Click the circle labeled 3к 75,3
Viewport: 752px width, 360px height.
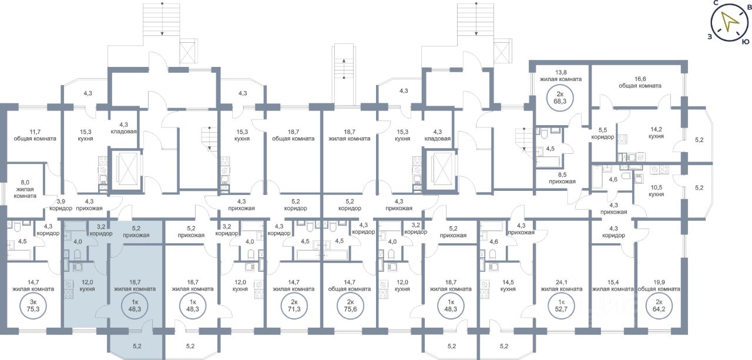pyautogui.click(x=33, y=305)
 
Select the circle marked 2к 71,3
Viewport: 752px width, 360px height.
pyautogui.click(x=294, y=305)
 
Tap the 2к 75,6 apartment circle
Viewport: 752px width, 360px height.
pyautogui.click(x=350, y=305)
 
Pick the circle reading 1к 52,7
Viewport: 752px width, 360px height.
pyautogui.click(x=561, y=305)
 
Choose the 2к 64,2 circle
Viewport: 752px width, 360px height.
pyautogui.click(x=659, y=305)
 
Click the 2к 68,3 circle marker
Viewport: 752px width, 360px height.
pyautogui.click(x=560, y=97)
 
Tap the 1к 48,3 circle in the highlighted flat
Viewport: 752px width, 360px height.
pyautogui.click(x=135, y=305)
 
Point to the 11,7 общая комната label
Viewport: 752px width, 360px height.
pyautogui.click(x=35, y=135)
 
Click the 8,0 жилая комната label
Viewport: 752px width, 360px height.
pyautogui.click(x=25, y=189)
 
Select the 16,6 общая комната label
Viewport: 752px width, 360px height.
pyautogui.click(x=640, y=82)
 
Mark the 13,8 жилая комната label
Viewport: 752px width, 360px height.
pyautogui.click(x=560, y=76)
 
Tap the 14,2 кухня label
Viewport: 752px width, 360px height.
pyautogui.click(x=656, y=133)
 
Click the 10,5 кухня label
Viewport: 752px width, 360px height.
pyautogui.click(x=656, y=191)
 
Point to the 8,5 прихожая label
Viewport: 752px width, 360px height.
pyautogui.click(x=562, y=178)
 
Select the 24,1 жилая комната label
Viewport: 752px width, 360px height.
pyautogui.click(x=561, y=285)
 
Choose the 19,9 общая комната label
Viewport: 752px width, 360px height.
pyautogui.click(x=659, y=285)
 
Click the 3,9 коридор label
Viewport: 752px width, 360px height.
pyautogui.click(x=61, y=205)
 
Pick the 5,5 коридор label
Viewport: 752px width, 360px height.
pyautogui.click(x=603, y=133)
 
